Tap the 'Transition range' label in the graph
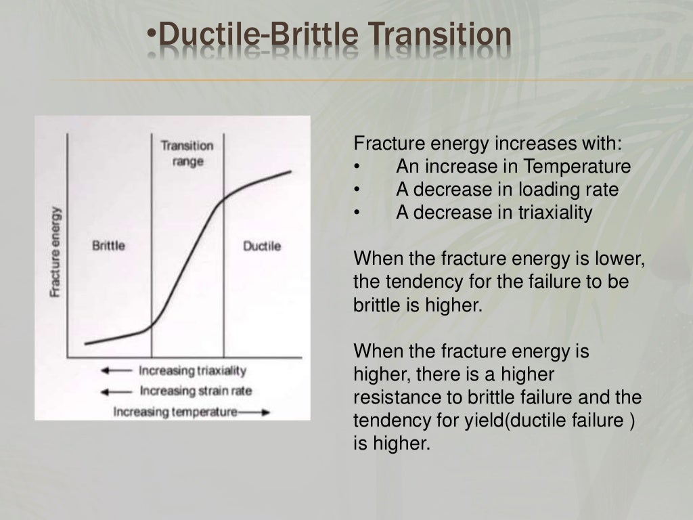pyautogui.click(x=187, y=154)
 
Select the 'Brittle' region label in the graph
pyautogui.click(x=108, y=245)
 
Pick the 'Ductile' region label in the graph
pyautogui.click(x=261, y=246)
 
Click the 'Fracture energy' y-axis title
pyautogui.click(x=55, y=251)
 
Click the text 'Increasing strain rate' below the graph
pyautogui.click(x=195, y=391)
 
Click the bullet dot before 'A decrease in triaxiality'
pyautogui.click(x=356, y=213)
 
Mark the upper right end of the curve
pyautogui.click(x=292, y=171)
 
